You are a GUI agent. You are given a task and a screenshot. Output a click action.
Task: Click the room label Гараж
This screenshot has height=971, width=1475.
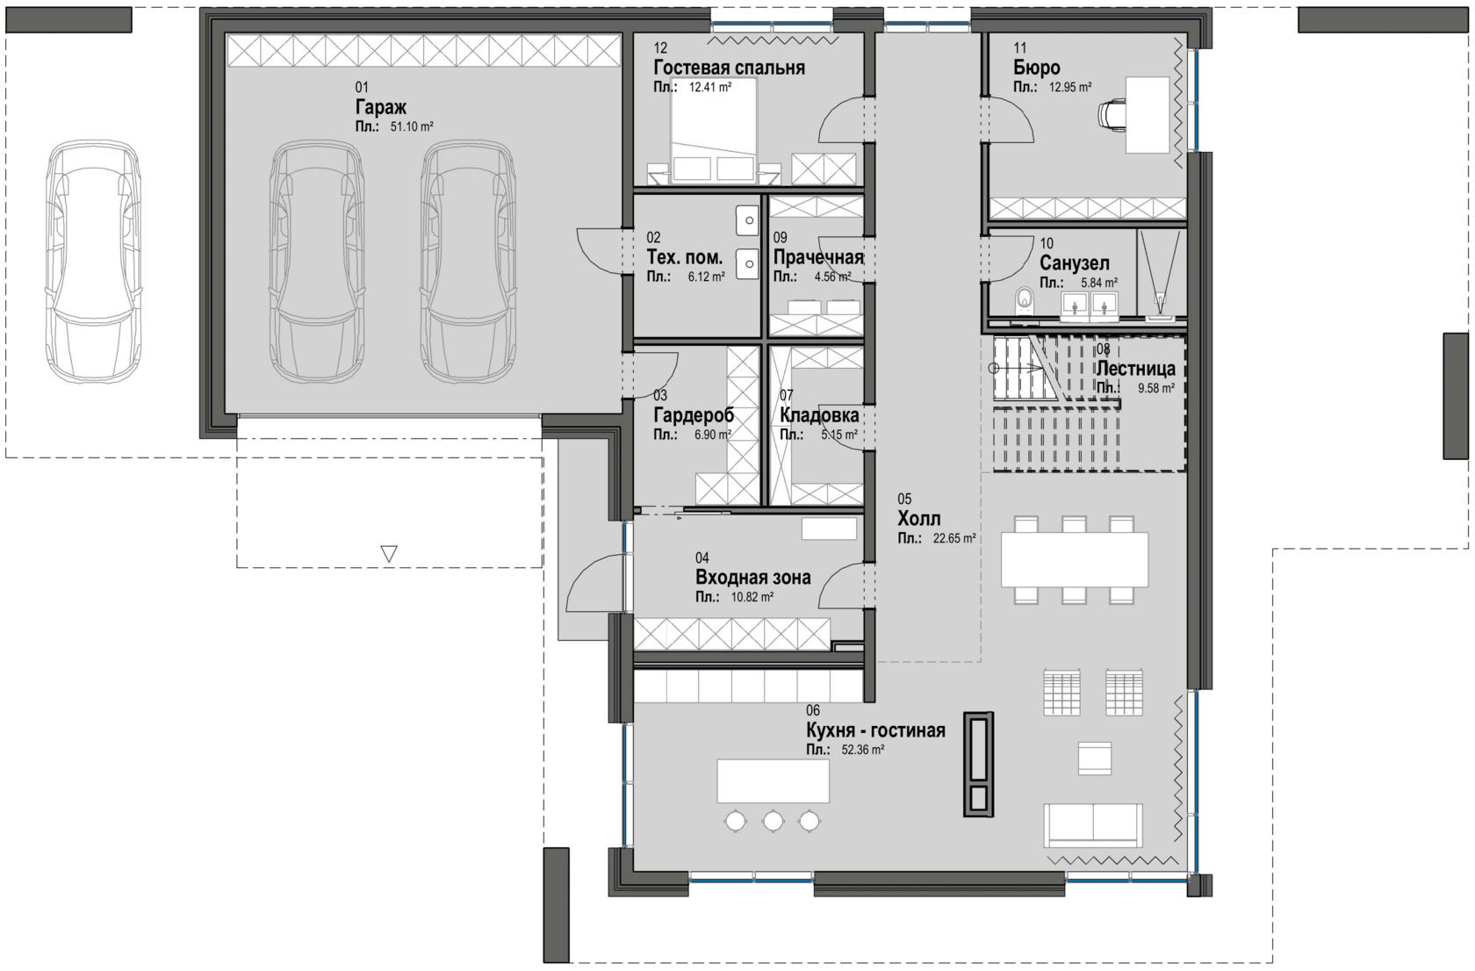point(381,106)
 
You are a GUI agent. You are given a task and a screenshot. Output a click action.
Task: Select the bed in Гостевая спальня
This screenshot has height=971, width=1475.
point(713,129)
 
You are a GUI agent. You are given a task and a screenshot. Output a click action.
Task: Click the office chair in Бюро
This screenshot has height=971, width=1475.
point(1112,114)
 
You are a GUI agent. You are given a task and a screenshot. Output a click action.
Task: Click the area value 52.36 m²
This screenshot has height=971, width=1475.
point(862,749)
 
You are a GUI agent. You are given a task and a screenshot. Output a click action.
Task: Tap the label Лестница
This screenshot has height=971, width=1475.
point(1135,369)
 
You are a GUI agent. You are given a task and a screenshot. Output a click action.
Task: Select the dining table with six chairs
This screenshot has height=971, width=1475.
point(1074,559)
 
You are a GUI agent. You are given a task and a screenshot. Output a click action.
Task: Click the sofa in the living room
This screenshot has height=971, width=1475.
point(1093,825)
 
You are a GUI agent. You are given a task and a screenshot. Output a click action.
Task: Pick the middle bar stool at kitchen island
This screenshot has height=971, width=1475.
point(773,821)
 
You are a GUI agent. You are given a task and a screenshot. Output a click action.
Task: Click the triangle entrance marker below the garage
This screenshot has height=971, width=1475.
point(389,554)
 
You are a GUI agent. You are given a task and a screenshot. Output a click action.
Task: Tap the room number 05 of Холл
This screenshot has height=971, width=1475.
point(904,499)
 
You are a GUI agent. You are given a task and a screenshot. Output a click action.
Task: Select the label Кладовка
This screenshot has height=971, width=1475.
point(819,415)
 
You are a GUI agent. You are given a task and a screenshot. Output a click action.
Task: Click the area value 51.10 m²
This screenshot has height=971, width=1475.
point(412,126)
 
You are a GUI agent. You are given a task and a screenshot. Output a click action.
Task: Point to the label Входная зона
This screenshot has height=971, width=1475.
point(752,578)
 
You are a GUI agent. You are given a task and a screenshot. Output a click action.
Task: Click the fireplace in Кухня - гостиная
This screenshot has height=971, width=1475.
point(978,765)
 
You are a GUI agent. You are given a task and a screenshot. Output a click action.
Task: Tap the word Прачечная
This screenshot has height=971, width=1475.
point(818,256)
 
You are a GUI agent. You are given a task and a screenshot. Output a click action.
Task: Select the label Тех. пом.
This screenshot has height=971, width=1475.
point(684,256)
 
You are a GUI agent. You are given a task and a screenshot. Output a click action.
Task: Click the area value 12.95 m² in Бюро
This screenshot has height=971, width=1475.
point(1070,87)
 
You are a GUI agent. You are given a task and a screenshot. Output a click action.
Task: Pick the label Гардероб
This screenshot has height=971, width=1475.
point(694,415)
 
